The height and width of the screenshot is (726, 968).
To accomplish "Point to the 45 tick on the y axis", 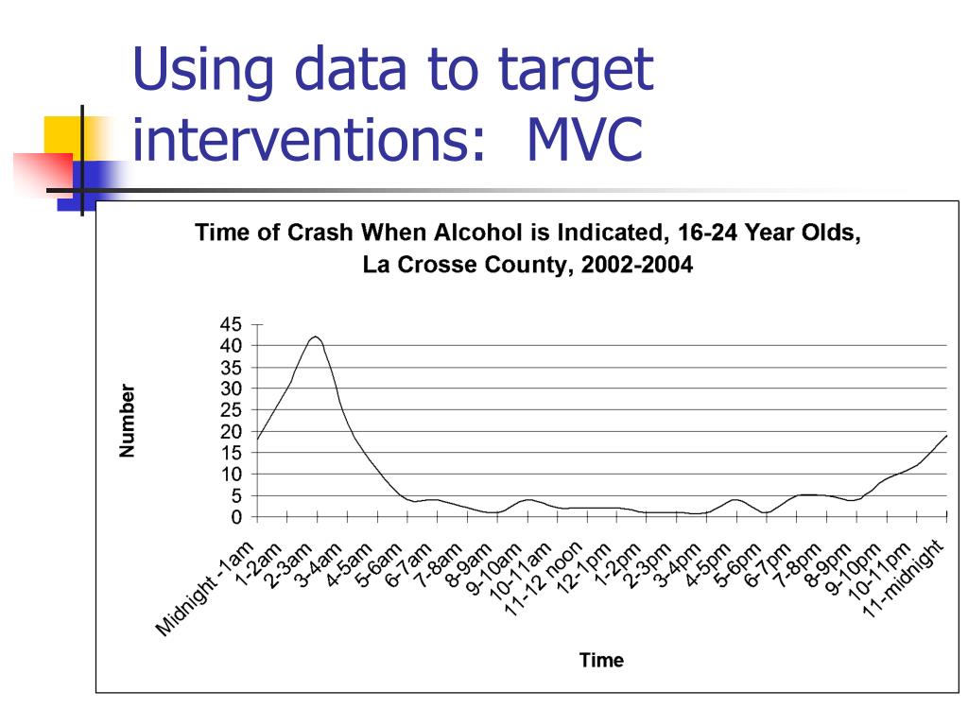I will click(231, 324).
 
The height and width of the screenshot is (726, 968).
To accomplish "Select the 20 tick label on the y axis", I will click(231, 431).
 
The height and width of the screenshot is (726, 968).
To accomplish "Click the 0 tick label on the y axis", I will click(236, 517).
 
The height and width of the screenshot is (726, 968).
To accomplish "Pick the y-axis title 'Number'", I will click(128, 422).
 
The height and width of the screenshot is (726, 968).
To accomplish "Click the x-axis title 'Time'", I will click(601, 661).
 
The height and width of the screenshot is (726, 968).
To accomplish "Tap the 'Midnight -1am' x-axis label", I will click(204, 589).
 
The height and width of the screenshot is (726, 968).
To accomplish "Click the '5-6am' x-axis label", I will click(378, 565).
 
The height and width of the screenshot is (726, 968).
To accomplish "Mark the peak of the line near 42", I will click(316, 337).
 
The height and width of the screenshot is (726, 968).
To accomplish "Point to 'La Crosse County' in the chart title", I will click(468, 266).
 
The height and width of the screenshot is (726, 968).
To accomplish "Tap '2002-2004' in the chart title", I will click(636, 266).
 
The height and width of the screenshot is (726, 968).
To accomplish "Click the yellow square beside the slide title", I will click(62, 132).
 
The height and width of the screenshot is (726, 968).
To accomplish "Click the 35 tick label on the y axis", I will click(231, 367).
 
